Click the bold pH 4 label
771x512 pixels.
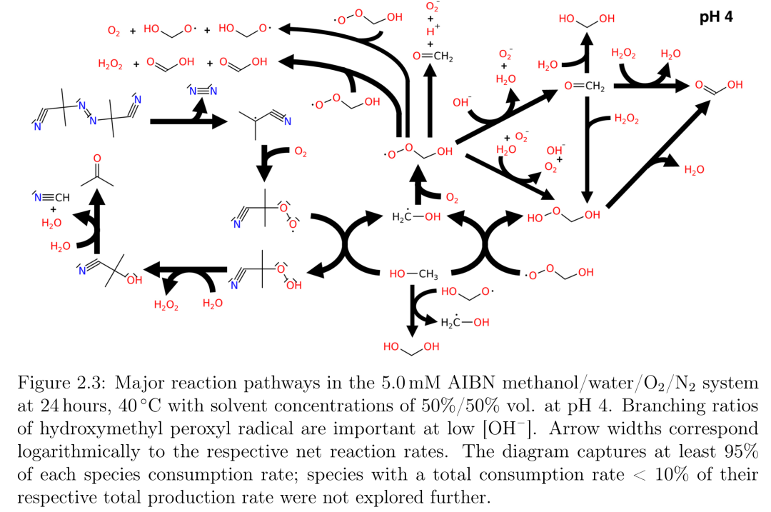tap(716, 17)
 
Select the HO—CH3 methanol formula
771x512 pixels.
tap(413, 274)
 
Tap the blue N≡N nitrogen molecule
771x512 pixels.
tap(203, 91)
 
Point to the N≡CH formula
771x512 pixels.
tap(51, 197)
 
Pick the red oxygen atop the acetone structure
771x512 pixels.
tap(97, 159)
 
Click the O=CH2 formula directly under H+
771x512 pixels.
tap(433, 56)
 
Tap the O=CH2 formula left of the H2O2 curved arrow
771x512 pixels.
tap(585, 86)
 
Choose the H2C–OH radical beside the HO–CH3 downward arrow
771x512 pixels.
tap(465, 322)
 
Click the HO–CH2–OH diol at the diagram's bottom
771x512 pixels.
tap(412, 347)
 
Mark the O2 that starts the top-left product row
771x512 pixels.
tap(114, 31)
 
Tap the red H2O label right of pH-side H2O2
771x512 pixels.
tap(670, 54)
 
